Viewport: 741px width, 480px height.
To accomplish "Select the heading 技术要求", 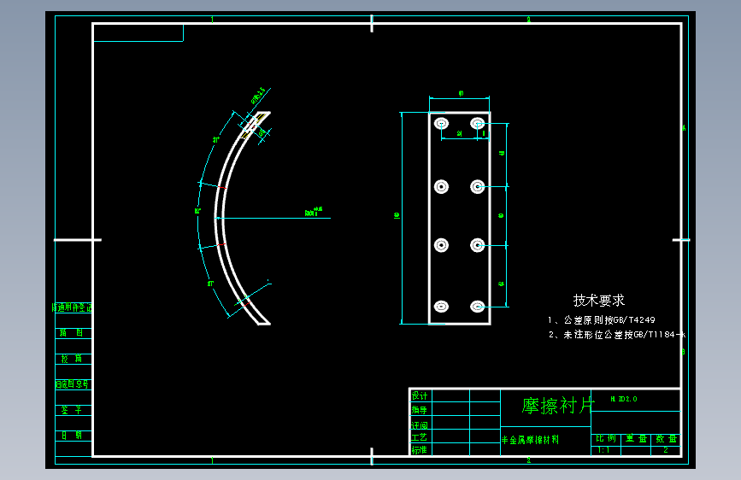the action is [x=598, y=301].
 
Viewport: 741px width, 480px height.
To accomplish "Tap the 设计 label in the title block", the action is [x=420, y=395].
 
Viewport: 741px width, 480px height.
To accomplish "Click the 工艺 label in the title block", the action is [x=420, y=436].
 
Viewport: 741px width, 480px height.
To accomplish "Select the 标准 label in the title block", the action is [x=420, y=449].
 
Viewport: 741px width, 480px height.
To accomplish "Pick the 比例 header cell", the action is [x=605, y=438].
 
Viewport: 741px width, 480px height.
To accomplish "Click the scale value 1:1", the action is [x=603, y=449].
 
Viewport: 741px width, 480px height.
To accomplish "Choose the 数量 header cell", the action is [x=666, y=438].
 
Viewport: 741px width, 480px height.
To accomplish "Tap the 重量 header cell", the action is [x=636, y=438].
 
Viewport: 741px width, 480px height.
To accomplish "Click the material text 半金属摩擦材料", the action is [x=530, y=440].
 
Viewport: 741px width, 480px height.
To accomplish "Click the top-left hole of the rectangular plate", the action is [x=442, y=125].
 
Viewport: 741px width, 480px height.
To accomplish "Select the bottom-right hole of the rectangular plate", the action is [x=477, y=306].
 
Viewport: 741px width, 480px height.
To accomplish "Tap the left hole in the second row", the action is [x=442, y=186].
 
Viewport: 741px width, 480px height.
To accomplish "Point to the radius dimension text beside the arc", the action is [x=313, y=211].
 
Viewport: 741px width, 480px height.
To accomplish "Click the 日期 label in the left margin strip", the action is [x=72, y=435].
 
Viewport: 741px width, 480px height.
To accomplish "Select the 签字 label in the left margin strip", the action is [x=72, y=410].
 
